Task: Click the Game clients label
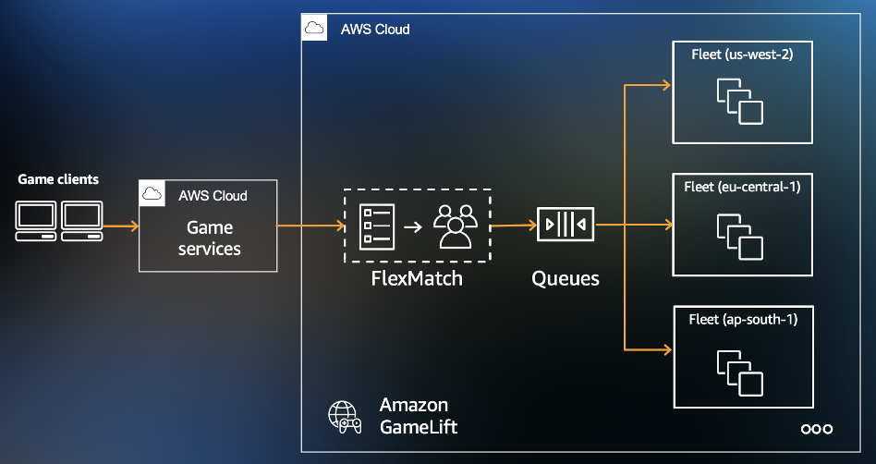tap(58, 179)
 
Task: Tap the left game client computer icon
tap(37, 219)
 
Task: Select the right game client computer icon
tap(81, 219)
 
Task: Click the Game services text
tap(210, 238)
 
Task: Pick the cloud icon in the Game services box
tap(152, 193)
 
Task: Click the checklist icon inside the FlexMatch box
tap(377, 226)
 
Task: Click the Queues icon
tap(566, 225)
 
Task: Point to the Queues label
tap(566, 278)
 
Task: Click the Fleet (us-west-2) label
tap(743, 55)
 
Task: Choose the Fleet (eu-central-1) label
tap(743, 187)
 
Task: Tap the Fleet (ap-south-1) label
tap(743, 319)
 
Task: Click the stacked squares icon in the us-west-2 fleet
tap(740, 101)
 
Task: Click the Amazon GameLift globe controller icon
tap(346, 417)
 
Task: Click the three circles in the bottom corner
tap(817, 429)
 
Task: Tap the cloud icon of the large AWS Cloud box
tap(314, 29)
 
